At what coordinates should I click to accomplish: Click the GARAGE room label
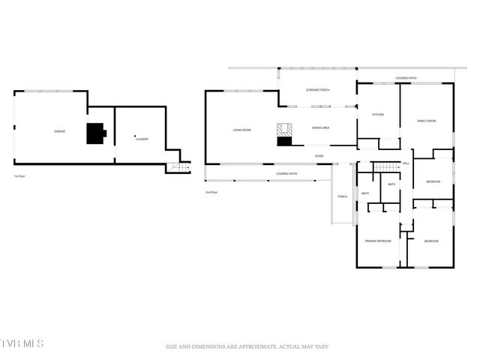pos(59,131)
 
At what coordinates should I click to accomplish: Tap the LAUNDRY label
pos(141,139)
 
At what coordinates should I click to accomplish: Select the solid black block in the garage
pos(95,133)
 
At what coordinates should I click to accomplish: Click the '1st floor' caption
pos(20,175)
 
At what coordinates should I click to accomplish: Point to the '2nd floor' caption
pos(211,192)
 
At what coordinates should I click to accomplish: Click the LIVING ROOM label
pos(241,130)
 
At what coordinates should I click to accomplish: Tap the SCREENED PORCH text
pos(317,90)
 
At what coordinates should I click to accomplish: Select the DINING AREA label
pos(321,127)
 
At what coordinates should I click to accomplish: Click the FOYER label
pos(319,156)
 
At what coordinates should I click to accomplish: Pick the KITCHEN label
pos(378,115)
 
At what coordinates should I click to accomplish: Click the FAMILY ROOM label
pos(427,121)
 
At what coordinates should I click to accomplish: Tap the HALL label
pos(406,163)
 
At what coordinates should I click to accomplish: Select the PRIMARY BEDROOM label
pos(378,241)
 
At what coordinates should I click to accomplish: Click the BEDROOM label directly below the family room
pos(433,181)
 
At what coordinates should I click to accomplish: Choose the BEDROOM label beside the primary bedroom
pos(431,241)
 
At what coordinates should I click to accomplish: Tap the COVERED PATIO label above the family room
pos(406,78)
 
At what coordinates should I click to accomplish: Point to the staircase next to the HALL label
pos(385,166)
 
